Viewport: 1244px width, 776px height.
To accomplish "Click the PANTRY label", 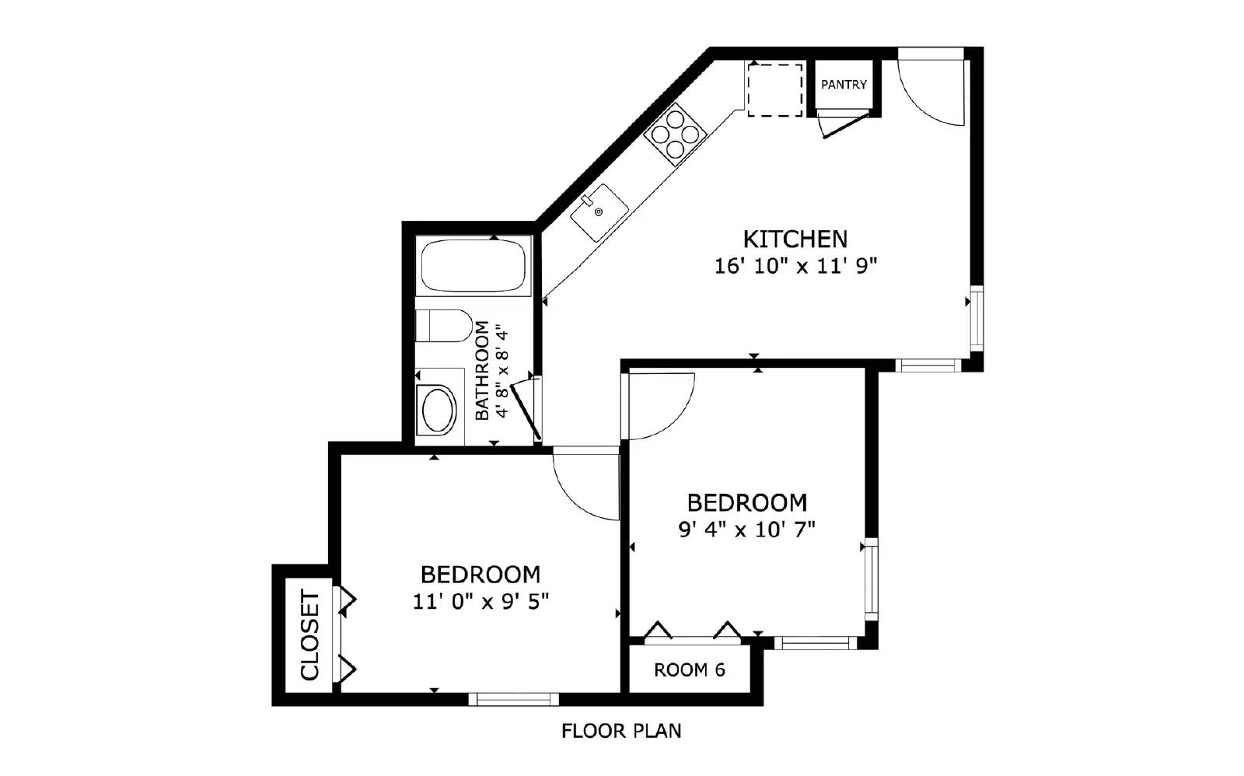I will (844, 84).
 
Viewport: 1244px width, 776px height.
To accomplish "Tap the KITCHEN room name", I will (795, 239).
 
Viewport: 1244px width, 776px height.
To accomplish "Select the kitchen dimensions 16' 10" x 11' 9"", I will (795, 267).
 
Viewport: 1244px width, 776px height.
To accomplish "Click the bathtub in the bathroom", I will (474, 266).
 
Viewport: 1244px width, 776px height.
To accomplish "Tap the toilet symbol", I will (442, 325).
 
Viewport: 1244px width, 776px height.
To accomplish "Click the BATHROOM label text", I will (483, 370).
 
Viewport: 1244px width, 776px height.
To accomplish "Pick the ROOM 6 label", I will (689, 670).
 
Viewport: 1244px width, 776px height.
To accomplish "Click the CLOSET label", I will (309, 635).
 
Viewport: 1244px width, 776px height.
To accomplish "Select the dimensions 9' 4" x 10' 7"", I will (746, 530).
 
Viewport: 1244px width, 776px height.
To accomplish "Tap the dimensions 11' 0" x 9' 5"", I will (480, 602).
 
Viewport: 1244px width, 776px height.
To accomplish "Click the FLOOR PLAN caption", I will (621, 731).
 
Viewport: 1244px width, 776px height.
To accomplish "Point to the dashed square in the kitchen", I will (775, 89).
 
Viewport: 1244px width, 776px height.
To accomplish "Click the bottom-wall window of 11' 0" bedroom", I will (513, 700).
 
